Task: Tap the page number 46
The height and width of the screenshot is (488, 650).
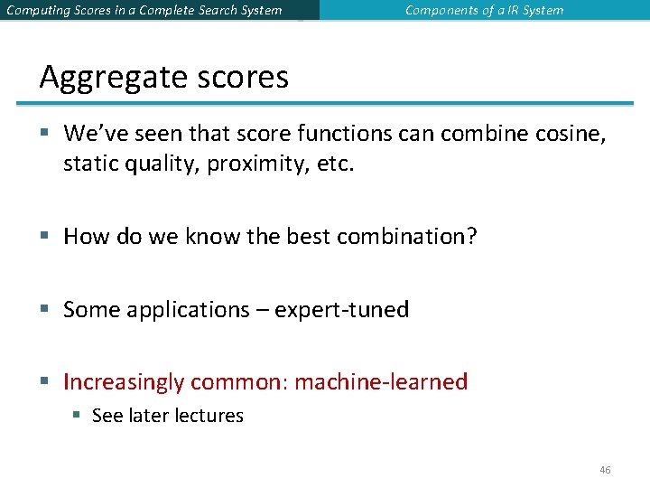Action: [605, 470]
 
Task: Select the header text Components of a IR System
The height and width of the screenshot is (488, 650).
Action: [484, 11]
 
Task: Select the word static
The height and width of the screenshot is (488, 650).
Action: [88, 164]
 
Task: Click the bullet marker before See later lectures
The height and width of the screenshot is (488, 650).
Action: [78, 416]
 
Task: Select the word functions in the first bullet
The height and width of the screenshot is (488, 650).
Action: [327, 134]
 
